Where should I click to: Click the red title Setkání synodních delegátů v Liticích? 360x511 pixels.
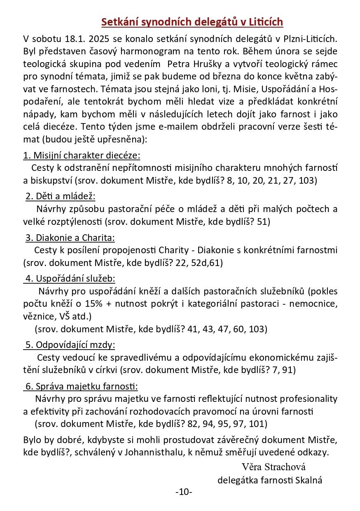(x=192, y=22)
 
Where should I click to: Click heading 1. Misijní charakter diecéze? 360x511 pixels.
(x=82, y=155)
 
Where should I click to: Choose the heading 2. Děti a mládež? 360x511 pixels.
(x=60, y=196)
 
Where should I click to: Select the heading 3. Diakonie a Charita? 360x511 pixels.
(x=70, y=238)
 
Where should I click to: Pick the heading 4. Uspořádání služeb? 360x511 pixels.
(x=70, y=278)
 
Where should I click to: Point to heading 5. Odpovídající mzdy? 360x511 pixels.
(x=70, y=345)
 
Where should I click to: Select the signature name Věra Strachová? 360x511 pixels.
(x=274, y=467)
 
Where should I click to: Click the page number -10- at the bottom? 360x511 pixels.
(x=184, y=492)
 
